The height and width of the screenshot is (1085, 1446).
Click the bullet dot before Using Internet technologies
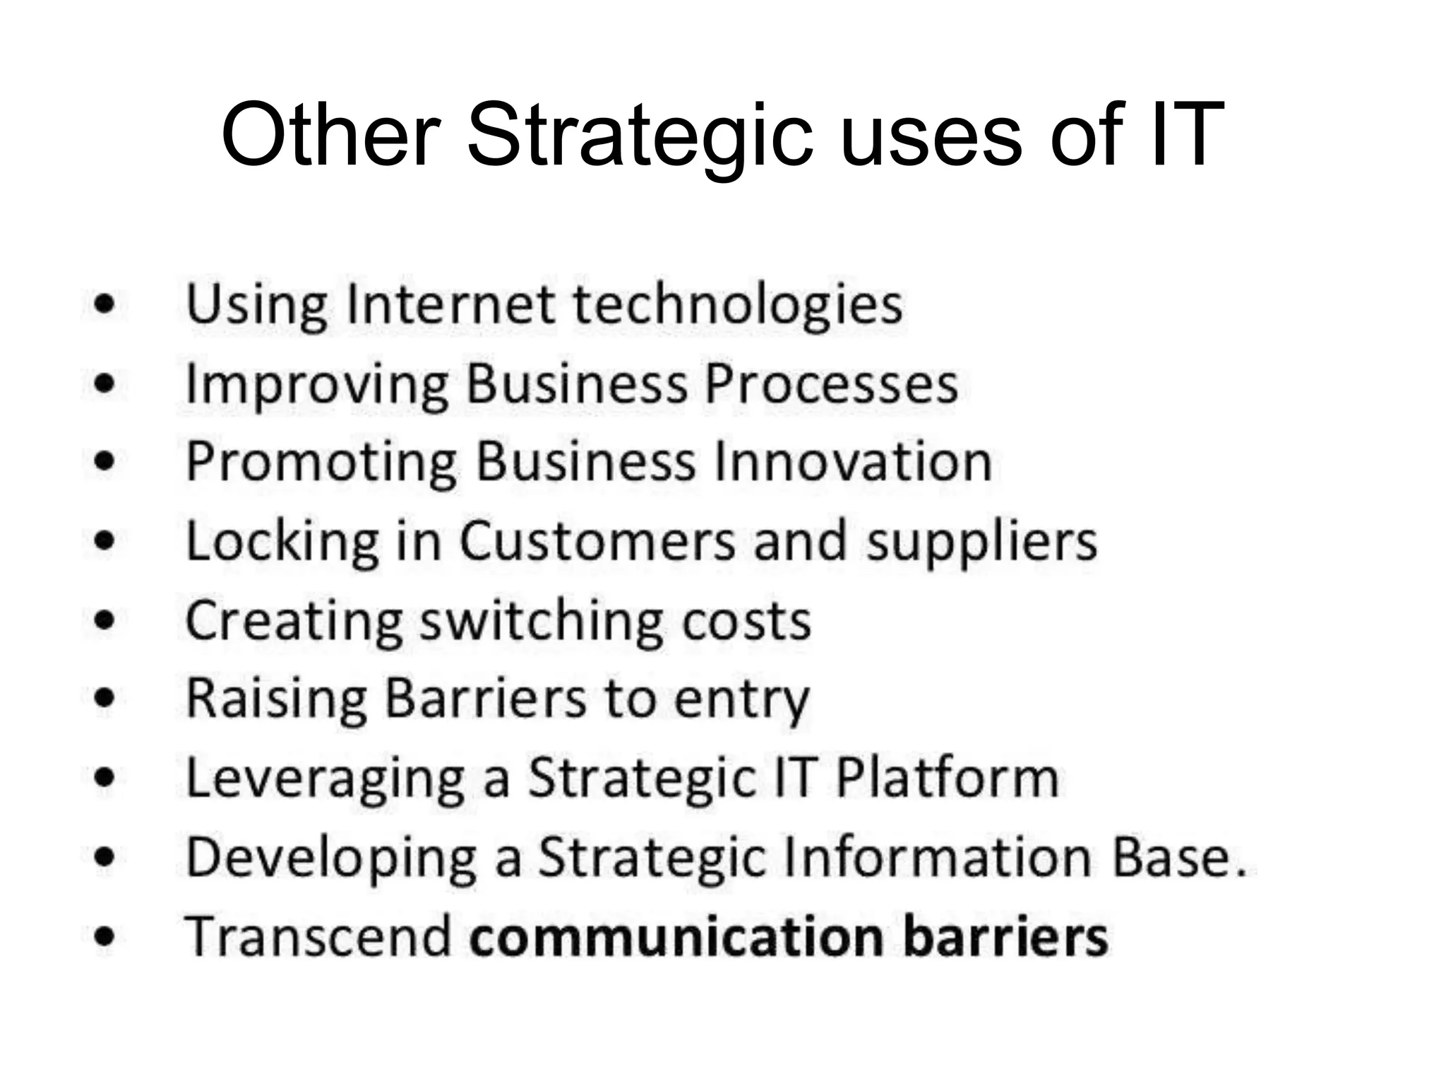[104, 305]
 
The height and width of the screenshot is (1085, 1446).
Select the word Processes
[832, 384]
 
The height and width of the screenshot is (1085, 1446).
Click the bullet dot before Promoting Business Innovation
[104, 462]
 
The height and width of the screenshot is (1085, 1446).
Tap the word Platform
[947, 778]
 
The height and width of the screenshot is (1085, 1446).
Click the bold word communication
[677, 937]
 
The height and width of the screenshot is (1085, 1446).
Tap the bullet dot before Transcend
[104, 937]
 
